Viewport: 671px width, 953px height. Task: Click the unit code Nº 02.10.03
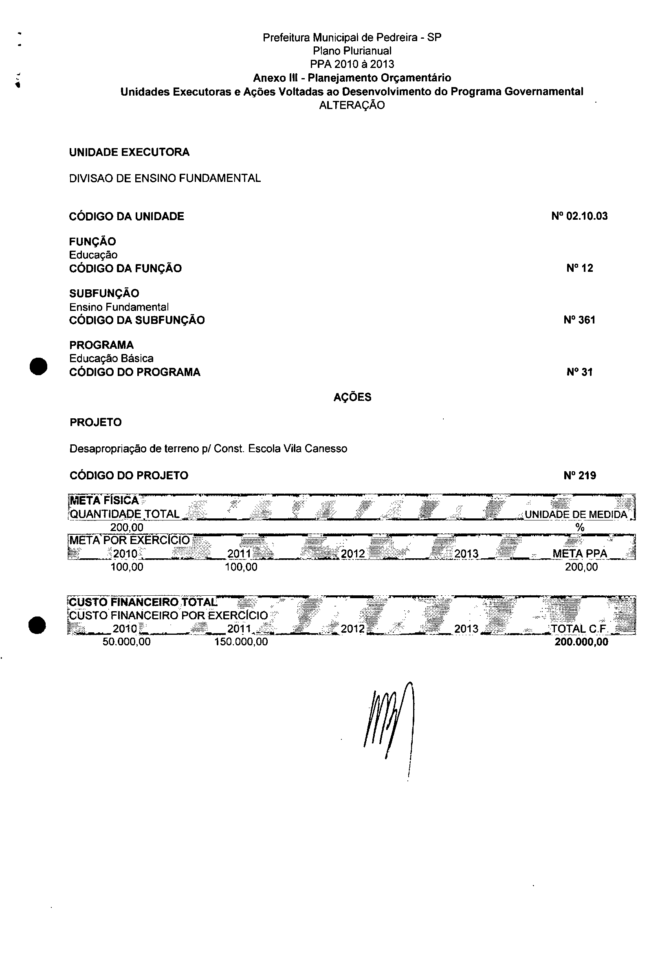pyautogui.click(x=579, y=216)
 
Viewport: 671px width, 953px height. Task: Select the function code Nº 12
pyautogui.click(x=580, y=268)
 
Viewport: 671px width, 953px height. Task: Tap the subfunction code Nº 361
pyautogui.click(x=579, y=320)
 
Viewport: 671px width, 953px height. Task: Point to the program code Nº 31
pyautogui.click(x=579, y=372)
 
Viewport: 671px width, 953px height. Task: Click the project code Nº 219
pyautogui.click(x=580, y=476)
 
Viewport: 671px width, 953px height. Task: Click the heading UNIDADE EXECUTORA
pyautogui.click(x=129, y=152)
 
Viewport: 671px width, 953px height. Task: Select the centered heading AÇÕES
pyautogui.click(x=352, y=397)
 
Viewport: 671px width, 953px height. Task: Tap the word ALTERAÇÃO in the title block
pyautogui.click(x=352, y=105)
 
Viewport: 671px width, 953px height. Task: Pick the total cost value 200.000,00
pyautogui.click(x=581, y=642)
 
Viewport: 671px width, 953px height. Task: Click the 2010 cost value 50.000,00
pyautogui.click(x=126, y=642)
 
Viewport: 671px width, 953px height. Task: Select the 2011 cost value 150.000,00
pyautogui.click(x=241, y=642)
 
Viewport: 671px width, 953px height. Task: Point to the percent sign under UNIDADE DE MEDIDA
pyautogui.click(x=580, y=527)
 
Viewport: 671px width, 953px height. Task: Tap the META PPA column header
pyautogui.click(x=580, y=554)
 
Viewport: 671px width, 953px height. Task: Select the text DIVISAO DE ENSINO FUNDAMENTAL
pyautogui.click(x=165, y=179)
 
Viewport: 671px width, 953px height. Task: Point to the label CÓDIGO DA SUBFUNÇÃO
pyautogui.click(x=137, y=320)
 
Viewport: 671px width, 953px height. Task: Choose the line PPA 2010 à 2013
pyautogui.click(x=352, y=64)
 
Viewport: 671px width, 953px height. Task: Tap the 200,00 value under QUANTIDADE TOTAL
pyautogui.click(x=127, y=527)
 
